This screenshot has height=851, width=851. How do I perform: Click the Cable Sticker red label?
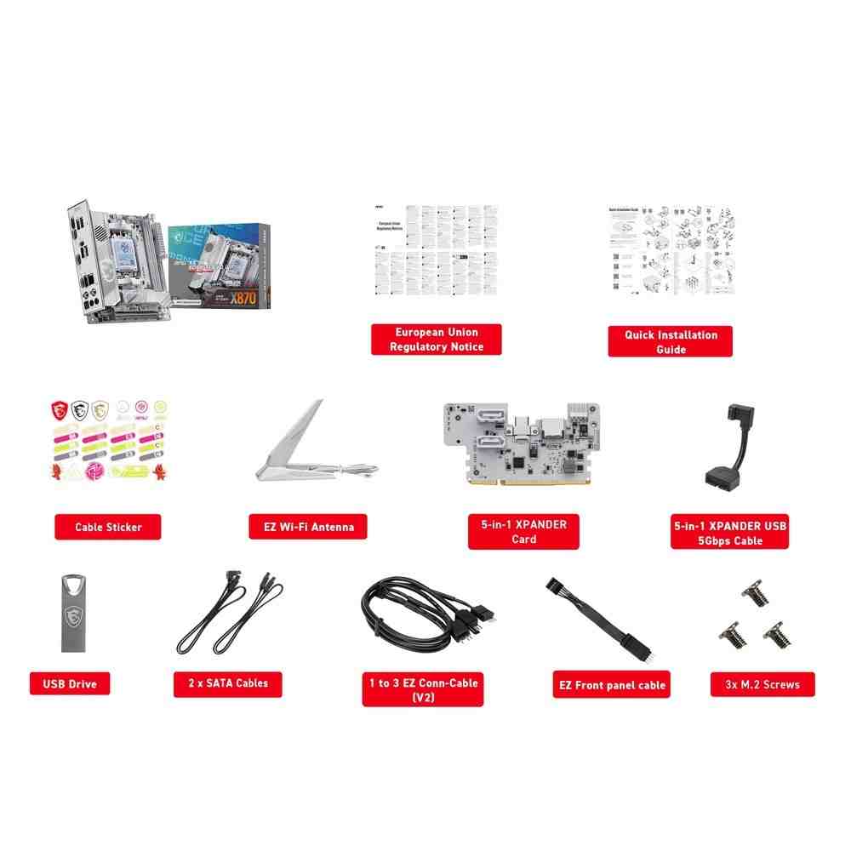click(108, 527)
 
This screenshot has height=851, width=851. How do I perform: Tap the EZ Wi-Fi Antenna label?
click(302, 527)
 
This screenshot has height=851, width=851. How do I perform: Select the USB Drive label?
click(70, 683)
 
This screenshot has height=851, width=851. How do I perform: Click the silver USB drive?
click(75, 613)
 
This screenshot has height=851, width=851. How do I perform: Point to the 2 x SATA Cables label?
click(227, 683)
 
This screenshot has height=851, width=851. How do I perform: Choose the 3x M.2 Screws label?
click(762, 684)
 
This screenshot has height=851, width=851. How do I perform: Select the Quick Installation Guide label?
click(671, 341)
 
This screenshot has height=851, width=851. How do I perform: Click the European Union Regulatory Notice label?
click(437, 339)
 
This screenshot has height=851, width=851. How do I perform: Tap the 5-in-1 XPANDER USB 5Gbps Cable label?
click(729, 533)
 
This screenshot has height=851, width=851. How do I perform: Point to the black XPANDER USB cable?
click(730, 451)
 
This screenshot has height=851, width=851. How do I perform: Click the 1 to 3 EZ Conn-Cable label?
click(423, 689)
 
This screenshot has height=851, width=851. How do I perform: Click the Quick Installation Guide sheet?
click(671, 251)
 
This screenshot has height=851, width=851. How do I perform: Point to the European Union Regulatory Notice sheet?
click(437, 250)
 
